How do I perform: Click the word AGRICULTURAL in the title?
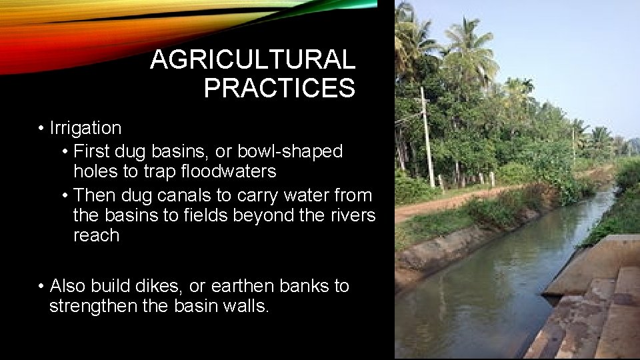pyautogui.click(x=253, y=60)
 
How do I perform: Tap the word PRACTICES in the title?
pyautogui.click(x=279, y=88)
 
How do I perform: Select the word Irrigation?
pyautogui.click(x=85, y=128)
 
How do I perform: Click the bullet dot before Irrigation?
pyautogui.click(x=41, y=128)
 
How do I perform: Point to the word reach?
pyautogui.click(x=96, y=236)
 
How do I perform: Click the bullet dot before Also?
pyautogui.click(x=41, y=287)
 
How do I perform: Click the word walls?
pyautogui.click(x=245, y=307)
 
